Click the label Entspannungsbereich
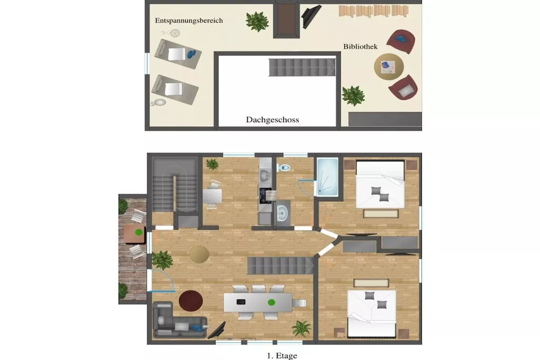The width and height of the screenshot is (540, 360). [189, 21]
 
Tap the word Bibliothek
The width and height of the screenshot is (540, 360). [360, 46]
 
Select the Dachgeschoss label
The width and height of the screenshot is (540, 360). [273, 120]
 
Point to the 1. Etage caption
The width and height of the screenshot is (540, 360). [282, 356]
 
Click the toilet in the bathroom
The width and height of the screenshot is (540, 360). [284, 168]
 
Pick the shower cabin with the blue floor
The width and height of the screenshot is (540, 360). [327, 177]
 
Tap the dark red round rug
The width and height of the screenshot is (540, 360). [191, 300]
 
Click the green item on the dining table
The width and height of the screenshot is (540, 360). [272, 303]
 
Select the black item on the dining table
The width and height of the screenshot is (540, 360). [241, 302]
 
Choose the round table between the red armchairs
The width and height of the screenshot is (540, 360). [389, 66]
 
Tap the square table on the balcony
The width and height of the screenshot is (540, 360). [134, 234]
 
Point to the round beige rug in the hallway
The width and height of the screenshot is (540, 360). [199, 255]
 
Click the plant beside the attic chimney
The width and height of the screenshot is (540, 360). [257, 21]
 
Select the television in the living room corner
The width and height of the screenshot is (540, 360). [217, 330]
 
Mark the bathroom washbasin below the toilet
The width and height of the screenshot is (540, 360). [283, 213]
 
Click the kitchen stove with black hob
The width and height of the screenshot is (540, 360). [265, 195]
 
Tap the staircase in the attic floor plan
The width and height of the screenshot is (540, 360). [302, 67]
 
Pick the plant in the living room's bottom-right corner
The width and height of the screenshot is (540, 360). [301, 329]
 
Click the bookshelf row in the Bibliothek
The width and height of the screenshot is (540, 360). [374, 11]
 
